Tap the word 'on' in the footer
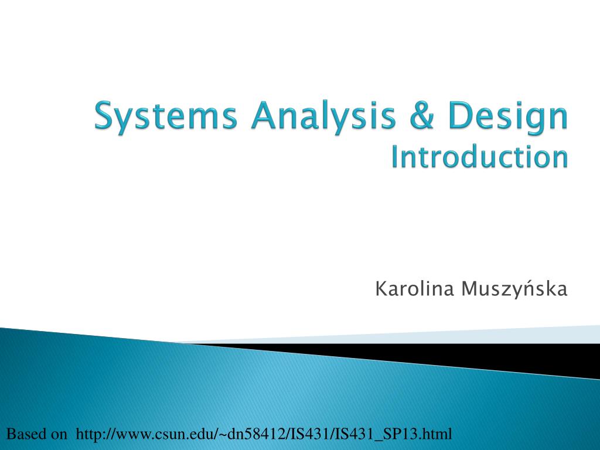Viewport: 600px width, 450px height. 59,434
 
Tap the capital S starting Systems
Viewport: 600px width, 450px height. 105,117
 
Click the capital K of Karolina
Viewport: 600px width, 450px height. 380,288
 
